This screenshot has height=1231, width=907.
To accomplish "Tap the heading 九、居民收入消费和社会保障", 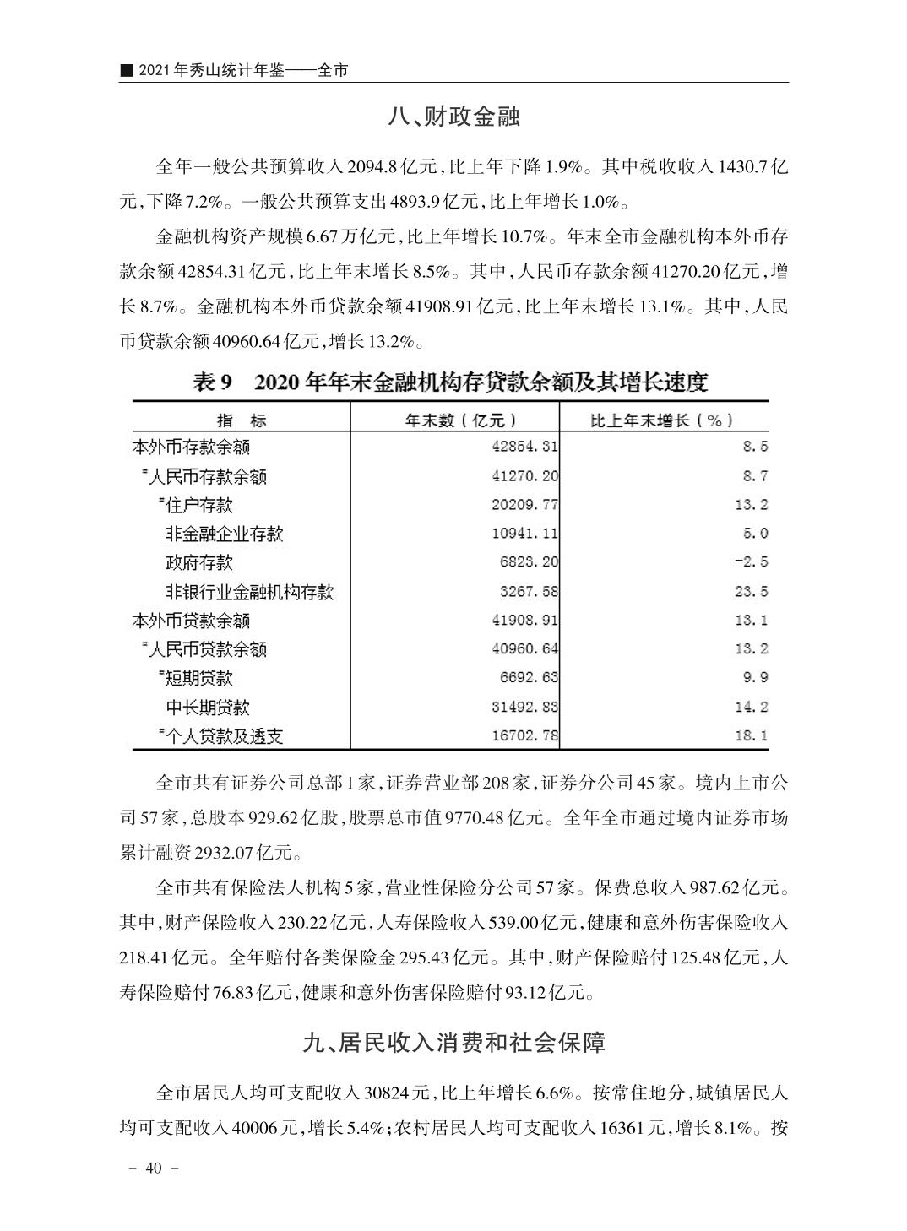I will [453, 1043].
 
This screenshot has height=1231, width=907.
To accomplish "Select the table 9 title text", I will [450, 383].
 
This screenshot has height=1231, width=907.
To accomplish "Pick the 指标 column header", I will [241, 420].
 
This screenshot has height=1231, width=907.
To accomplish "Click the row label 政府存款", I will [198, 562].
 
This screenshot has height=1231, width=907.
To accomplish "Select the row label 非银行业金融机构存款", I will [249, 592].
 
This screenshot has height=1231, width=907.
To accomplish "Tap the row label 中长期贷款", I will [207, 707].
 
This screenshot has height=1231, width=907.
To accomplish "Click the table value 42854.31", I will [524, 447].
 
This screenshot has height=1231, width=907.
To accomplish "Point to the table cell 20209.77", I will [524, 505].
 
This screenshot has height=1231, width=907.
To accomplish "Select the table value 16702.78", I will [524, 735].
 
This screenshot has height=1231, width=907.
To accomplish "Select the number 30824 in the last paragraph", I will [388, 1093].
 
